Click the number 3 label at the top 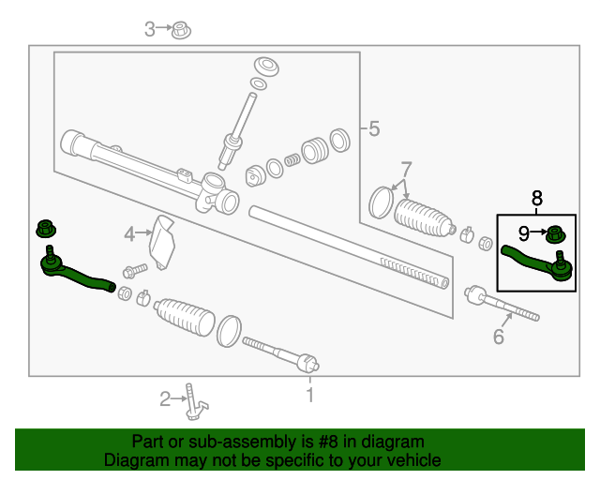tap(150, 30)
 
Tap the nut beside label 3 tap(182, 30)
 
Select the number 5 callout tap(374, 129)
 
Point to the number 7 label tap(406, 170)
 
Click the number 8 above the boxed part tap(537, 198)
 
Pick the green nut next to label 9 tap(555, 232)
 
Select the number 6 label tap(499, 336)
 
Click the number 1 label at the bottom tap(310, 396)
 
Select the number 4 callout tap(131, 232)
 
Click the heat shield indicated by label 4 tap(165, 242)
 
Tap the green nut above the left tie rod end tap(45, 227)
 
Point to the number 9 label tap(525, 232)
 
